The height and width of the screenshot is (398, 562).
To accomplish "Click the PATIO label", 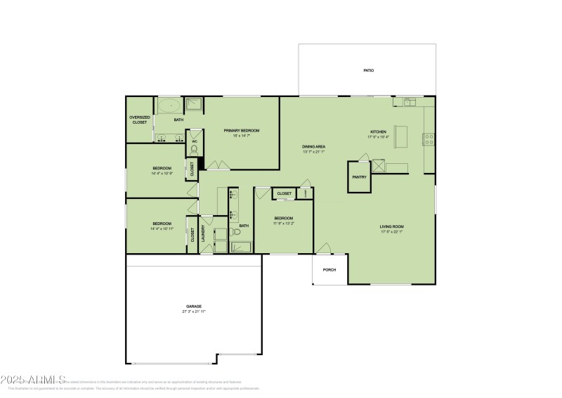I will pyautogui.click(x=368, y=71).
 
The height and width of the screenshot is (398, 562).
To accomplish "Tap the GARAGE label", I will pyautogui.click(x=194, y=306).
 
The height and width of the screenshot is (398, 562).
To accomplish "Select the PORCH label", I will pyautogui.click(x=329, y=270).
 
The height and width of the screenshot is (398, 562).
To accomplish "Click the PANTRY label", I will pyautogui.click(x=360, y=177).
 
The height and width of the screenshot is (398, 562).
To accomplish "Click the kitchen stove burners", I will pyautogui.click(x=428, y=139).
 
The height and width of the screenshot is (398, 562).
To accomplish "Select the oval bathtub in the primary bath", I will pyautogui.click(x=169, y=106).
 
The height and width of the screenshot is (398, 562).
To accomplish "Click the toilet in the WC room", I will pyautogui.click(x=195, y=149).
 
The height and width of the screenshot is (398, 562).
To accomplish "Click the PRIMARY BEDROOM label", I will pyautogui.click(x=242, y=130).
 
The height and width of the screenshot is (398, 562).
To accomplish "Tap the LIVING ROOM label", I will pyautogui.click(x=392, y=226).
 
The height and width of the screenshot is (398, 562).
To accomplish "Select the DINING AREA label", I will pyautogui.click(x=314, y=146).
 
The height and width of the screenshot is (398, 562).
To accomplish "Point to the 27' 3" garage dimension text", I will pyautogui.click(x=194, y=311).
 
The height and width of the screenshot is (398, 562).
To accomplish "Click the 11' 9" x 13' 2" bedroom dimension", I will pyautogui.click(x=284, y=224).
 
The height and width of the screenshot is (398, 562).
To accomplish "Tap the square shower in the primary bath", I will pyautogui.click(x=195, y=106).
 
